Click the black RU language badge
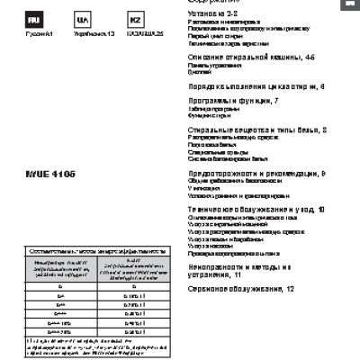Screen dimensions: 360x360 pos(31,19)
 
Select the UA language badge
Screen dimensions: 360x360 pos(83,19)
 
